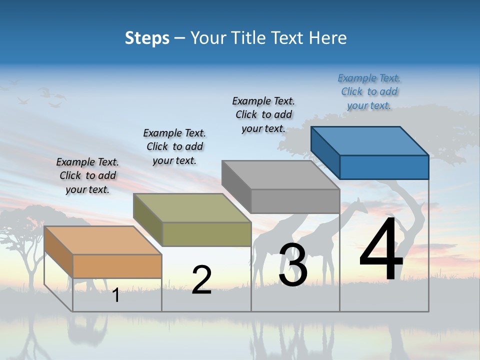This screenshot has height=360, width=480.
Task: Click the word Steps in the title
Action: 147,38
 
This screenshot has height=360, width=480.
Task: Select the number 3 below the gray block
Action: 292,265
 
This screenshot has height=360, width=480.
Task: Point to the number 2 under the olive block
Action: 201,279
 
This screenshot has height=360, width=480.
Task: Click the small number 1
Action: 116,295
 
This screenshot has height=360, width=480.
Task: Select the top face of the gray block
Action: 280,174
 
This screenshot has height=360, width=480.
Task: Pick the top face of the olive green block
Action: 191,207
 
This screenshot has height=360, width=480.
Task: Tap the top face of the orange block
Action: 102,240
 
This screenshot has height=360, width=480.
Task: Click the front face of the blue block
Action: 384,167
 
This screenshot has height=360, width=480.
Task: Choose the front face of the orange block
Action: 117,266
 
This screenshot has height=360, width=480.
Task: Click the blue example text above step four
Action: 369,92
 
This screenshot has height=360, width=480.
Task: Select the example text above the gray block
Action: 263,114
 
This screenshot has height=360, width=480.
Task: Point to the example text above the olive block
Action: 174,146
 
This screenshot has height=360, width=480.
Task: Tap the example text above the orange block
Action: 87,175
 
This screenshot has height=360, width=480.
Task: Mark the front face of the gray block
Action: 295,201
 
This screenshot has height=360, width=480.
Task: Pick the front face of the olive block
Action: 206,234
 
